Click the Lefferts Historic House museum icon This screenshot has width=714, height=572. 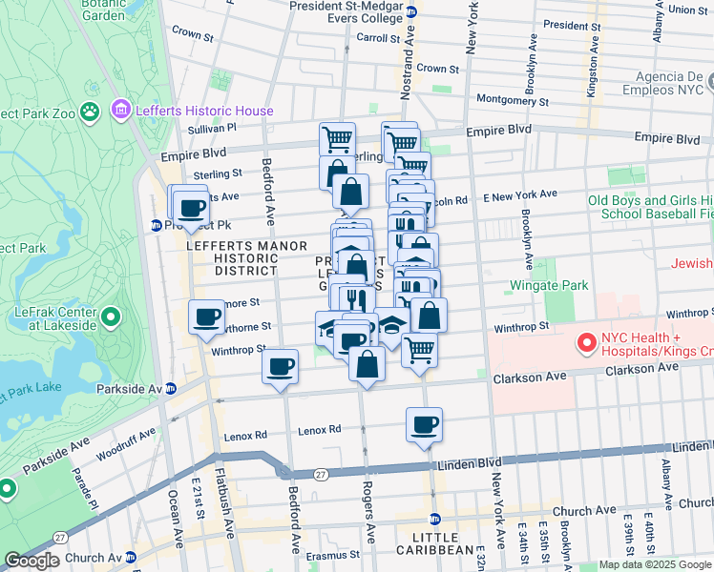[x=121, y=111]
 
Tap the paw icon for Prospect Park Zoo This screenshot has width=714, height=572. [x=91, y=112]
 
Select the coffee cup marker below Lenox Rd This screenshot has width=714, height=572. [x=424, y=425]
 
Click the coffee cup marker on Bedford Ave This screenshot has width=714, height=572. [x=280, y=366]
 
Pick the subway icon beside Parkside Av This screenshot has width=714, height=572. [x=172, y=388]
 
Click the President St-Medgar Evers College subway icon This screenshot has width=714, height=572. [x=410, y=12]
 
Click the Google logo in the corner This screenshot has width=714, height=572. [x=31, y=561]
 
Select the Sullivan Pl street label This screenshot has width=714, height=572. [x=212, y=127]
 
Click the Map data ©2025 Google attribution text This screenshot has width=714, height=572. [x=655, y=564]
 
